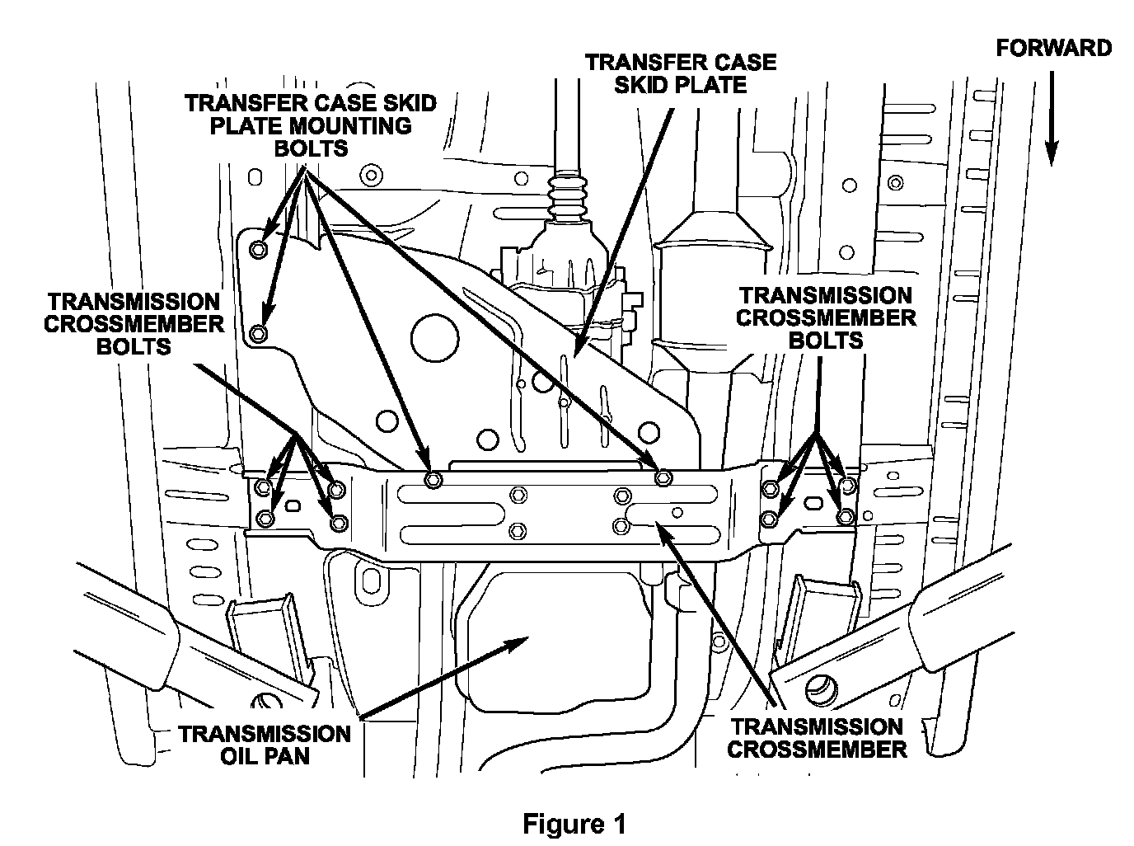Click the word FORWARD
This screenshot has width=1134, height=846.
pyautogui.click(x=1054, y=48)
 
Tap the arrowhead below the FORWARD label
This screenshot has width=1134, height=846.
pyautogui.click(x=1051, y=153)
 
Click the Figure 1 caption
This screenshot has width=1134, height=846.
pyautogui.click(x=574, y=824)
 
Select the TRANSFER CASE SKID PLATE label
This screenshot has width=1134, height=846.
pyautogui.click(x=680, y=73)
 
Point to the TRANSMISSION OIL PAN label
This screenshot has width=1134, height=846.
pyautogui.click(x=265, y=744)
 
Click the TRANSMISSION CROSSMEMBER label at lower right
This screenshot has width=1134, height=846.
pyautogui.click(x=816, y=738)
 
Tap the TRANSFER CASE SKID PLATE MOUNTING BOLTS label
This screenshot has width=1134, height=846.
pyautogui.click(x=311, y=125)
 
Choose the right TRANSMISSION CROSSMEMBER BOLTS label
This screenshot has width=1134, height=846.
pyautogui.click(x=825, y=317)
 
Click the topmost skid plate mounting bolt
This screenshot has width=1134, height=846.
pyautogui.click(x=258, y=250)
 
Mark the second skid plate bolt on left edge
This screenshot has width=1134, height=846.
pyautogui.click(x=258, y=333)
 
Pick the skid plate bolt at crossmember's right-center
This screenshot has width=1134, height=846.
pyautogui.click(x=661, y=478)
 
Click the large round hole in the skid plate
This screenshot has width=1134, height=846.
pyautogui.click(x=432, y=335)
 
